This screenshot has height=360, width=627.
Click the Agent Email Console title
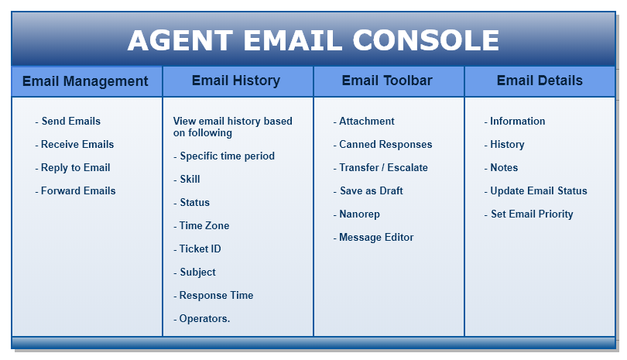click(x=313, y=40)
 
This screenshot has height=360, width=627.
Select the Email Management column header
click(x=85, y=81)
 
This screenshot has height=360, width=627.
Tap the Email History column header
click(x=236, y=81)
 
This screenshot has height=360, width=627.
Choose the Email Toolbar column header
click(x=387, y=81)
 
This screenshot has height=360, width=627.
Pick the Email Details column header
click(x=540, y=81)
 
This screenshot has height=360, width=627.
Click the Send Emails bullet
click(x=70, y=122)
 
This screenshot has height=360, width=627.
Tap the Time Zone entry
click(x=204, y=226)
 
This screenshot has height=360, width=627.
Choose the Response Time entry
click(x=215, y=296)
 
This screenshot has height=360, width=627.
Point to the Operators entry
click(x=204, y=319)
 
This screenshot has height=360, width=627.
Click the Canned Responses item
click(x=385, y=145)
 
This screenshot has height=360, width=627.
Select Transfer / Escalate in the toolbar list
click(x=382, y=168)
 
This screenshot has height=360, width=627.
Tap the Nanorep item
click(x=358, y=214)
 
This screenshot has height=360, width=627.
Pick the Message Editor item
click(x=375, y=238)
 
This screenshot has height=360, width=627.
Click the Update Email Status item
click(x=538, y=191)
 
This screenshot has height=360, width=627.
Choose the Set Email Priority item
click(x=531, y=214)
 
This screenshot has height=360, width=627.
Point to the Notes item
click(x=503, y=168)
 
